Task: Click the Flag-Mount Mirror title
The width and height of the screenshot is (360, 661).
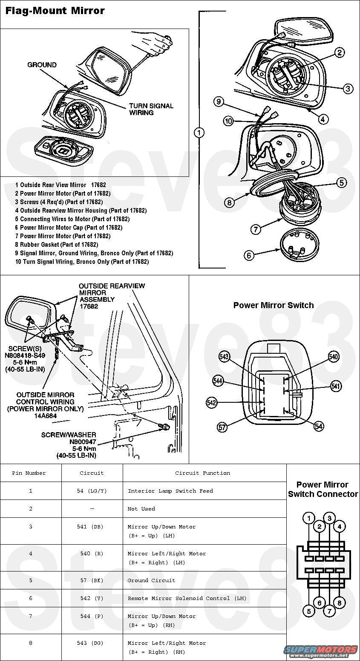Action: tap(55, 11)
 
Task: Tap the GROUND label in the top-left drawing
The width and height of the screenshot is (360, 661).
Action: tap(42, 65)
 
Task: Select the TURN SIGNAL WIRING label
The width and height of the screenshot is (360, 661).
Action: tap(151, 109)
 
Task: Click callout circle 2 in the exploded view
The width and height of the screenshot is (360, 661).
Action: tap(340, 52)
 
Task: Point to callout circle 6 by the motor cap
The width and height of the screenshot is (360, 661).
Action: tap(249, 255)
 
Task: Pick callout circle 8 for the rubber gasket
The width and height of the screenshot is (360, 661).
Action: tap(229, 202)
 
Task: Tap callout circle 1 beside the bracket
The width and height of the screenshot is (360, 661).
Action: tap(199, 133)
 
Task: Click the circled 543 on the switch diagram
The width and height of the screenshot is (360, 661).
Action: tap(224, 356)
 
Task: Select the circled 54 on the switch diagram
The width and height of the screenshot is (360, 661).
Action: tap(319, 426)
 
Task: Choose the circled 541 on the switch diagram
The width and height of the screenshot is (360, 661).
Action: tap(336, 386)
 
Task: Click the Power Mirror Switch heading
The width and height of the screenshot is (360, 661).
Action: tap(274, 305)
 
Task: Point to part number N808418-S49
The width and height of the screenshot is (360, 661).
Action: tap(25, 355)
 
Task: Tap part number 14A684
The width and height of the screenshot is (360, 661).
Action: tap(45, 416)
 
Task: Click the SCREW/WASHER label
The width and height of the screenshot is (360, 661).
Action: tap(69, 435)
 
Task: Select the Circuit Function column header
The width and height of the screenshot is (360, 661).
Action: tap(202, 473)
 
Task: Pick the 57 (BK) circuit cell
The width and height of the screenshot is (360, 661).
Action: tap(92, 580)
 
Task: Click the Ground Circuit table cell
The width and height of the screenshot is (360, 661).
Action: tap(151, 580)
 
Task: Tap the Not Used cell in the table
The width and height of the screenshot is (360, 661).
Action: tap(141, 509)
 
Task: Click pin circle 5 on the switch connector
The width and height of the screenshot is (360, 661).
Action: tap(308, 611)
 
